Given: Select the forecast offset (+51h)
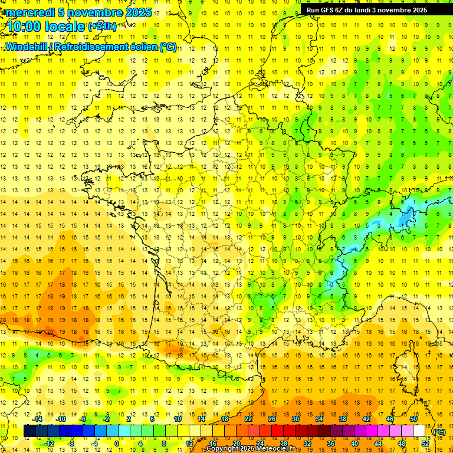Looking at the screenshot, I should tap(102, 27).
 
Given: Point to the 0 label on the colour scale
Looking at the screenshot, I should tap(116, 444).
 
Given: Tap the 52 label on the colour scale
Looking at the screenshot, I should tap(425, 444).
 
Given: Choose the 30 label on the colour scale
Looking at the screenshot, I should tap(296, 419).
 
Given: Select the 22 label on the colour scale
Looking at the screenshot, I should tap(248, 419).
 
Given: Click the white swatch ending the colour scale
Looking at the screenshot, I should tap(419, 431).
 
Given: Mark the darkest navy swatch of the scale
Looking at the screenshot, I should tap(29, 431).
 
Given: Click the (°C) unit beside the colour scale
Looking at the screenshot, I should tap(439, 431).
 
